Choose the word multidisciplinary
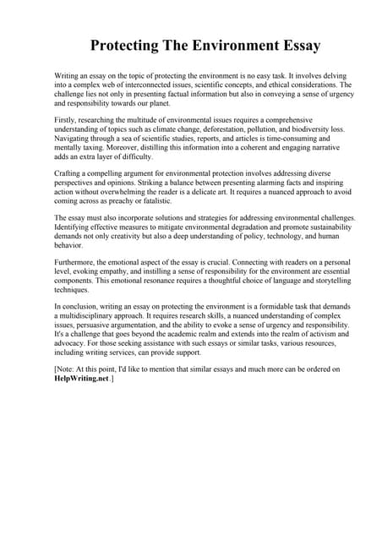pyautogui.click(x=94, y=314)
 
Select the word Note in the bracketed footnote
pyautogui.click(x=68, y=370)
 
